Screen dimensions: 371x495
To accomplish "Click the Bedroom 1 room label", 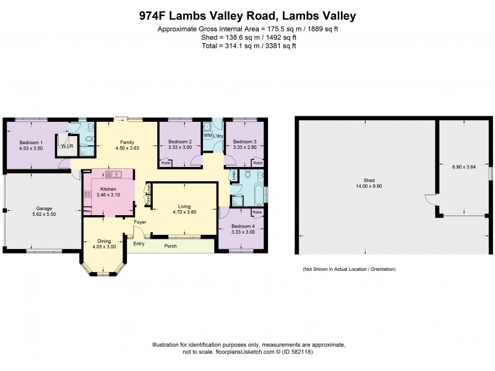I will coord(30,142).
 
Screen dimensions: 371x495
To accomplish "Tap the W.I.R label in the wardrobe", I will coord(65,146).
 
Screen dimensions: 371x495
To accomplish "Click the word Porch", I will coord(170,246).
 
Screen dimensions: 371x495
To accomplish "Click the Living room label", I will coord(184,206).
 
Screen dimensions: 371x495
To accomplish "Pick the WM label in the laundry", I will coord(207,135).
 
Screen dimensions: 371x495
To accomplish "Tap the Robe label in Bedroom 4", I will coord(257,212).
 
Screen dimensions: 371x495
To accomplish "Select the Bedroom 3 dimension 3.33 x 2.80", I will coord(244,147).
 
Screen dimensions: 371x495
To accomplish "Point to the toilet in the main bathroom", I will coord(247,176).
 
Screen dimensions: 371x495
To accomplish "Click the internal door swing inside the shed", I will coord(428,199).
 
